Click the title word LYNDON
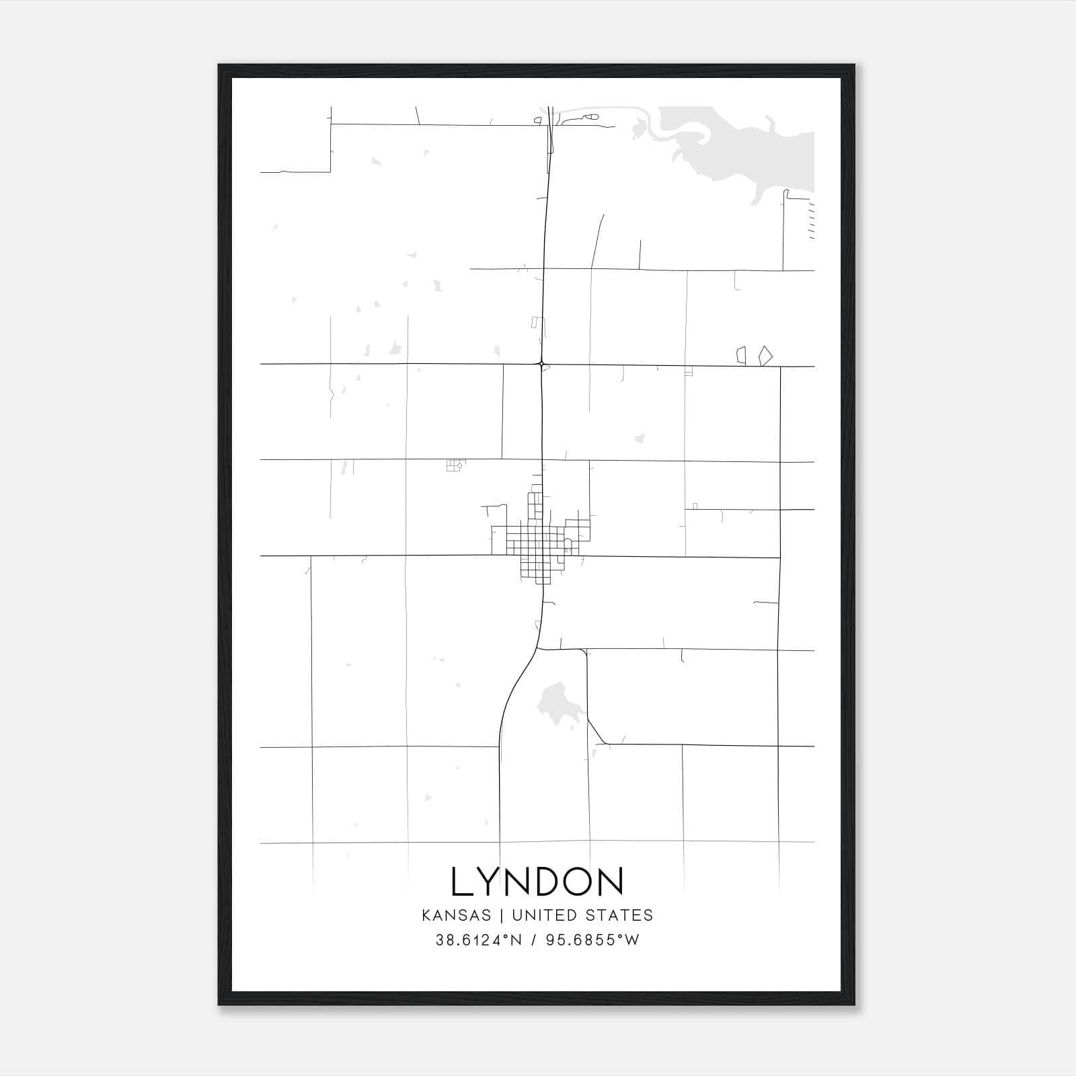coord(537,882)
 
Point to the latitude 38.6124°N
coord(479,940)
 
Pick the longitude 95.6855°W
coord(592,940)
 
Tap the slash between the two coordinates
coord(534,940)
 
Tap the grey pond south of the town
coord(555,703)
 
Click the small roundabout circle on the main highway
coord(541,364)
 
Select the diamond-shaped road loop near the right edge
coord(765,356)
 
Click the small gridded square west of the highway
coord(455,465)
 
